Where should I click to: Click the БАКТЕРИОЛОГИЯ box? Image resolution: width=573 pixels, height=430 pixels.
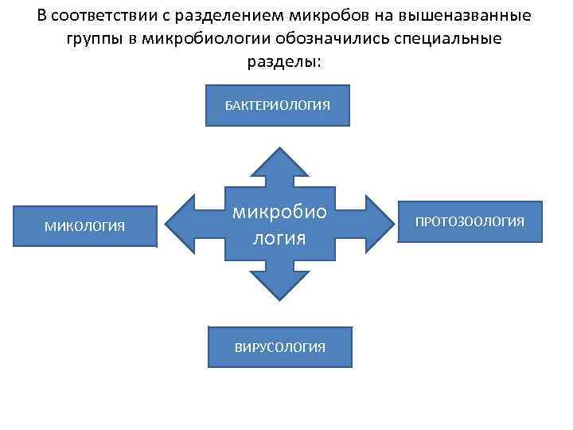(277, 104)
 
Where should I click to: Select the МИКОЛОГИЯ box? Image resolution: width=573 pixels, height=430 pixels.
(84, 226)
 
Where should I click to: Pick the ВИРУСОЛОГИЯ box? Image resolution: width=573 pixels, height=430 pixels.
(279, 347)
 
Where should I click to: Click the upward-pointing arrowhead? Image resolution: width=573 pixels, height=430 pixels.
(278, 163)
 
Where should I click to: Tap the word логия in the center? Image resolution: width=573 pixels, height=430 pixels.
(279, 237)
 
